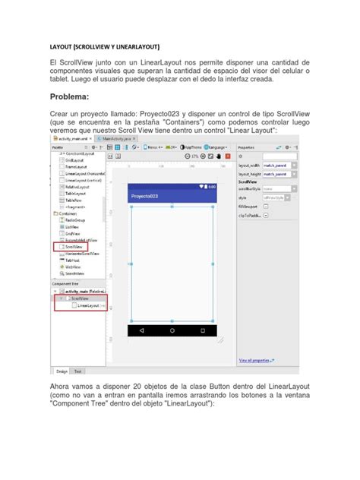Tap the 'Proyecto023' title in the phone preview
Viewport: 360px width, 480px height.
(x=144, y=197)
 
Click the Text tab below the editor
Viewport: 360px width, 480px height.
(x=78, y=371)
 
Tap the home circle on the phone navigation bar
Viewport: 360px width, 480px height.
(x=172, y=331)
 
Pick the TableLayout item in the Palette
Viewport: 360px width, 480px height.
(x=74, y=194)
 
